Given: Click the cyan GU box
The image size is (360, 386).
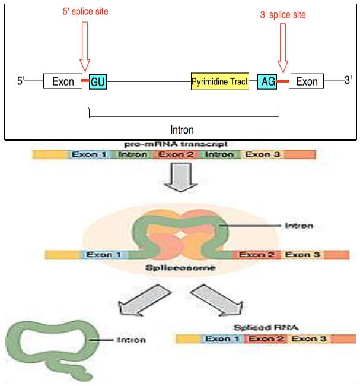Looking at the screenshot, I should pos(98,81).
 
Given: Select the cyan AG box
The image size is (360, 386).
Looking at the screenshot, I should pos(267,81).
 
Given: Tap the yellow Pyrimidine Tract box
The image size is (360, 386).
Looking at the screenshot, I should pos(219,81).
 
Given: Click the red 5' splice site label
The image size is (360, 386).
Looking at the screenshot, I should pos(85,12).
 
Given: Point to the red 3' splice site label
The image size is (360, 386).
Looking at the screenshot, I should pos(283,14).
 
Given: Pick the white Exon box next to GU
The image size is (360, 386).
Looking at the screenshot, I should pos(62,81).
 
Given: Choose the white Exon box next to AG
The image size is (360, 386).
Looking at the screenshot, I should pos(307,81).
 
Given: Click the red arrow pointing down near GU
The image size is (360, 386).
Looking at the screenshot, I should pos(84,48).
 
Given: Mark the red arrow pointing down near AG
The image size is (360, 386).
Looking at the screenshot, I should pos(282,48).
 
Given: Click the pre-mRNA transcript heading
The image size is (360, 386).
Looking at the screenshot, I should pos(176,144).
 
